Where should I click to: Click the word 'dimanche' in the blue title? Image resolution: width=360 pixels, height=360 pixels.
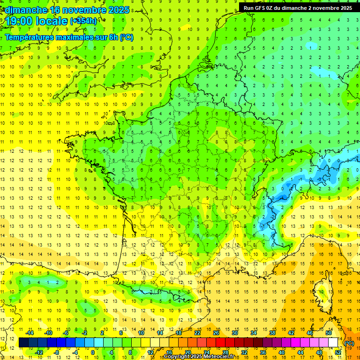(26, 10)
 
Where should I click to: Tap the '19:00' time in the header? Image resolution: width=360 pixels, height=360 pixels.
(19, 22)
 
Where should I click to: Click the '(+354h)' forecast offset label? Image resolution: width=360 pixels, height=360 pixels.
(83, 21)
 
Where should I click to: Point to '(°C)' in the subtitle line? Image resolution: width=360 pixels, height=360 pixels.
(127, 37)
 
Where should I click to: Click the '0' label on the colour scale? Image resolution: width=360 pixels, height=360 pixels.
(93, 352)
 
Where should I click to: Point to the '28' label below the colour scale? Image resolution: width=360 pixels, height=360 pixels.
(225, 352)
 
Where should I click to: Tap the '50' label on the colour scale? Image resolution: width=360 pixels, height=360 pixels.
(328, 333)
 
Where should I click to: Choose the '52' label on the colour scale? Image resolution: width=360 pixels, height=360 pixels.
(337, 352)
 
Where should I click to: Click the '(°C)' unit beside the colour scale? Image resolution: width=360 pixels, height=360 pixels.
(349, 343)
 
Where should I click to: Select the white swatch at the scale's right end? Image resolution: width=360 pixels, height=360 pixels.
(333, 343)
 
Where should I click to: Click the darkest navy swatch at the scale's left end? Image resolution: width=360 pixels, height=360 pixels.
(23, 343)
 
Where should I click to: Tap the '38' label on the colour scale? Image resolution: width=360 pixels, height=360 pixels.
(272, 333)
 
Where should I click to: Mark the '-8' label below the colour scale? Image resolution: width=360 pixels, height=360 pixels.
(57, 352)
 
